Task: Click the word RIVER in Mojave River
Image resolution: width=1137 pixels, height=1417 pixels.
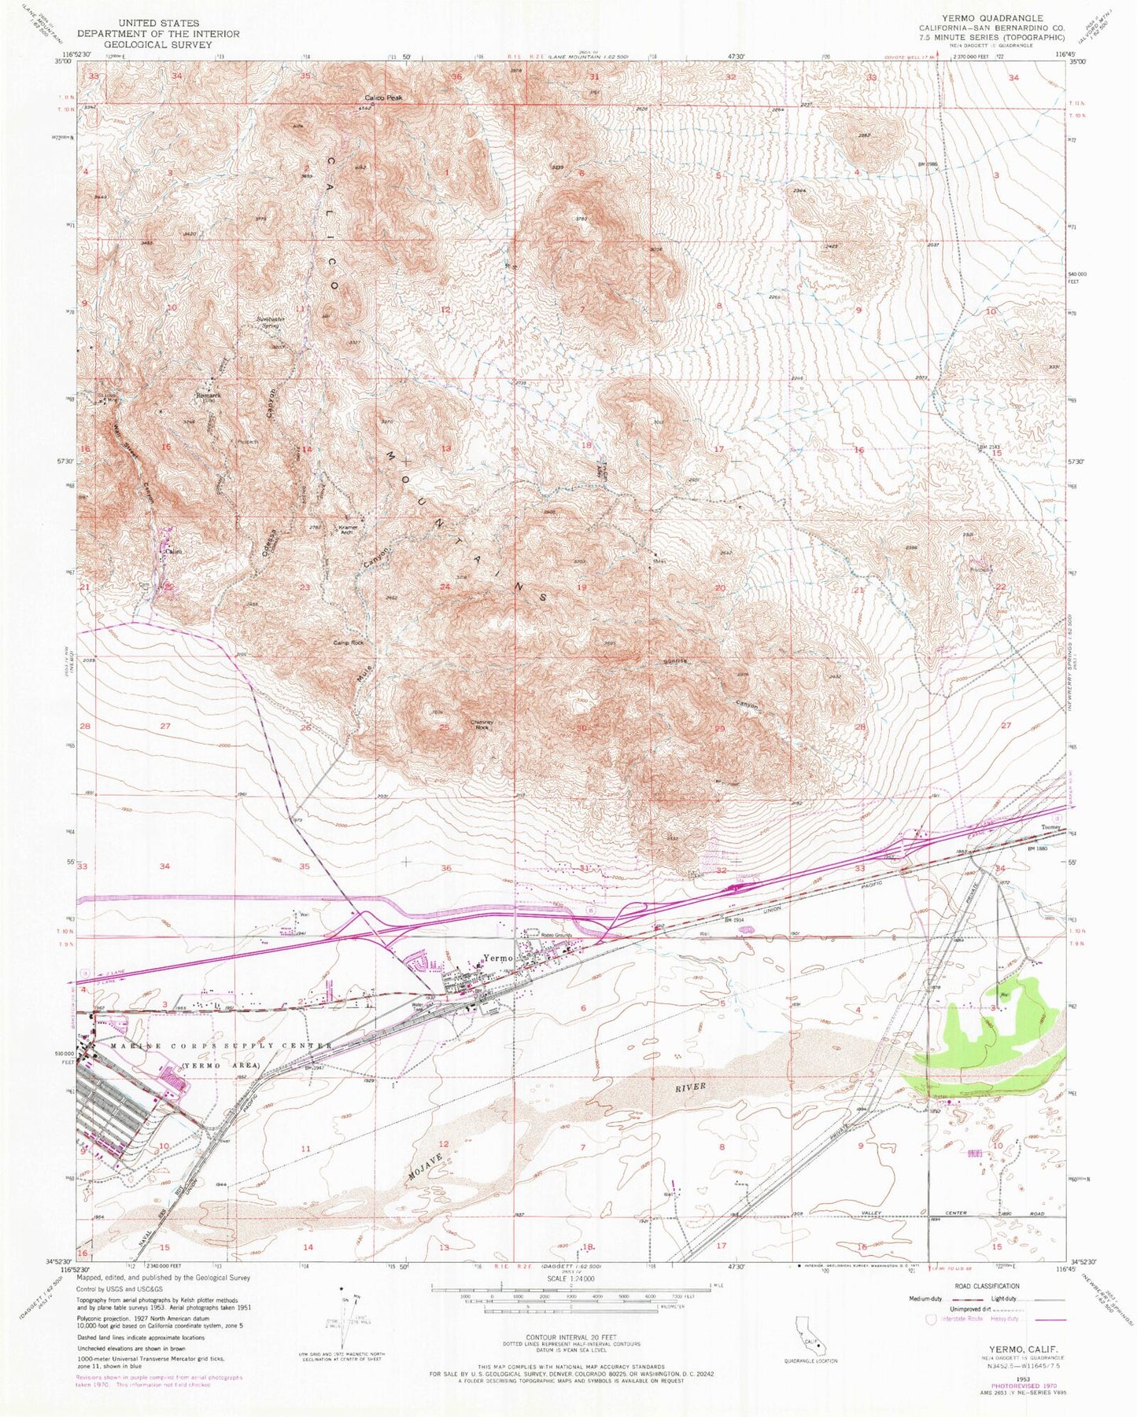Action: (690, 1087)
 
